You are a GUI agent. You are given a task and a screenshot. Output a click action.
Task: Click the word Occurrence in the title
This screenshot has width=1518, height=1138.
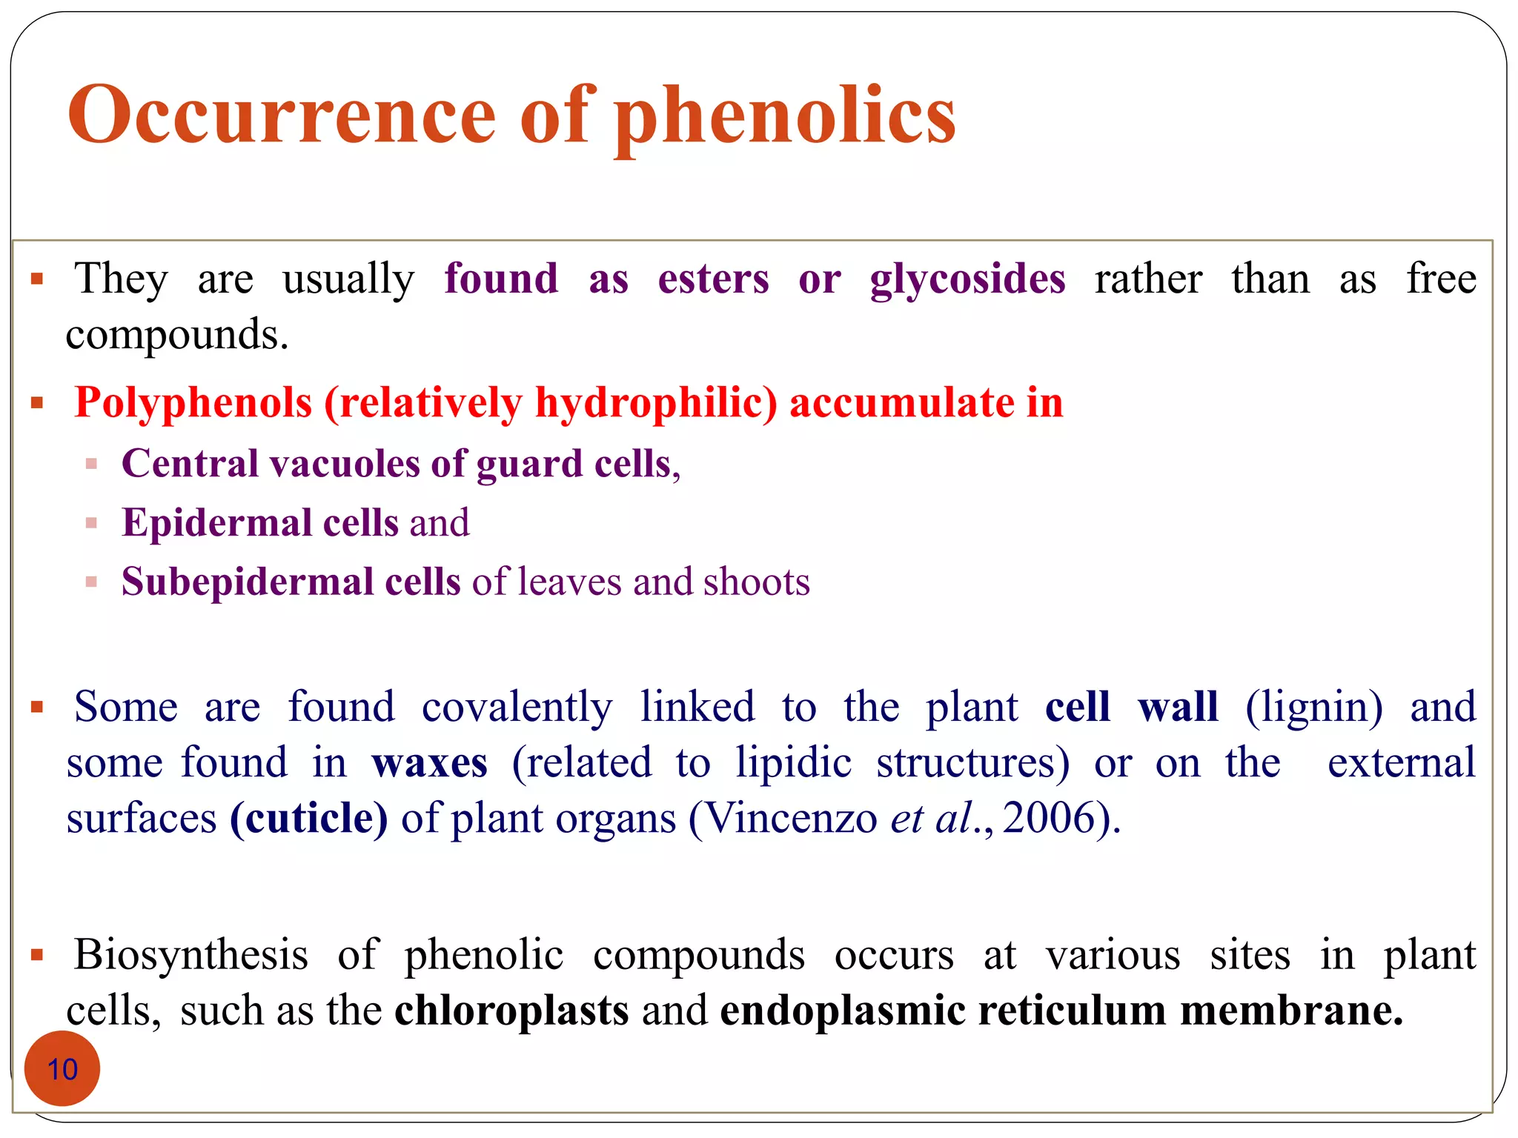coord(282,115)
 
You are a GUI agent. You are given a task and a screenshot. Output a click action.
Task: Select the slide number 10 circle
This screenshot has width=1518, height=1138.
coord(62,1068)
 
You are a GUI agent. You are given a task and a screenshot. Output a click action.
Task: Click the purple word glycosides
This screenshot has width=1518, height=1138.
coord(967,280)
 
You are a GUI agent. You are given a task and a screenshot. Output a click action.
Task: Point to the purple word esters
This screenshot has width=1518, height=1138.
coord(713,279)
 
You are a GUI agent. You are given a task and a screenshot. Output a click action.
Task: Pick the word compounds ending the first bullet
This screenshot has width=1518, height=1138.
coord(176,336)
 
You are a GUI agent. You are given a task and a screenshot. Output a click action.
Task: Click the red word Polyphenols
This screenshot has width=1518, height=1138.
coord(193,404)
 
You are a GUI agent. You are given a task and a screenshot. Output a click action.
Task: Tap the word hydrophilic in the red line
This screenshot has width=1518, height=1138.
coord(656,404)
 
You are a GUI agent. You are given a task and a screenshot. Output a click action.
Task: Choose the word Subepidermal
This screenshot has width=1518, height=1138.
coord(247,582)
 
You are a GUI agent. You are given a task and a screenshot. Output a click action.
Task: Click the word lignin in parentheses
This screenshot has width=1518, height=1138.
coord(1313,707)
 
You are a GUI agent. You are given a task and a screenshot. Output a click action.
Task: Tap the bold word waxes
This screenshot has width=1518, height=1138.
coord(430,763)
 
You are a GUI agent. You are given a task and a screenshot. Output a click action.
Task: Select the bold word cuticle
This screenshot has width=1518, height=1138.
coord(309,819)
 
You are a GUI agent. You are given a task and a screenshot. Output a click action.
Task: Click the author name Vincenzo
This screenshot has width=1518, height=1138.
coord(789,819)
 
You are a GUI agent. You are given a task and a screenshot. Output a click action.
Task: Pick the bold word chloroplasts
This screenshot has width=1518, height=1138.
coord(511,1011)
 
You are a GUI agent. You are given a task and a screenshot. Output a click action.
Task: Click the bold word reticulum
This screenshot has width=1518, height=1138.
coord(1072,1011)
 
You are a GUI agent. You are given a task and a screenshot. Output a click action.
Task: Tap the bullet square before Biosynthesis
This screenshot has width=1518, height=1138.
coord(37,956)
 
